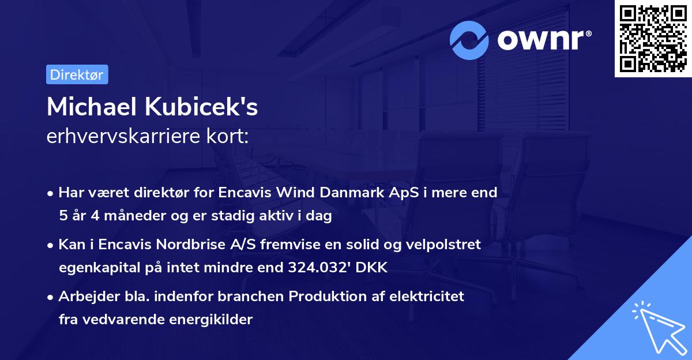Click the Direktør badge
coord(77,75)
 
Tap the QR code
coord(653,39)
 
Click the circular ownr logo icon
coord(469,40)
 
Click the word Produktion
coord(326,297)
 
